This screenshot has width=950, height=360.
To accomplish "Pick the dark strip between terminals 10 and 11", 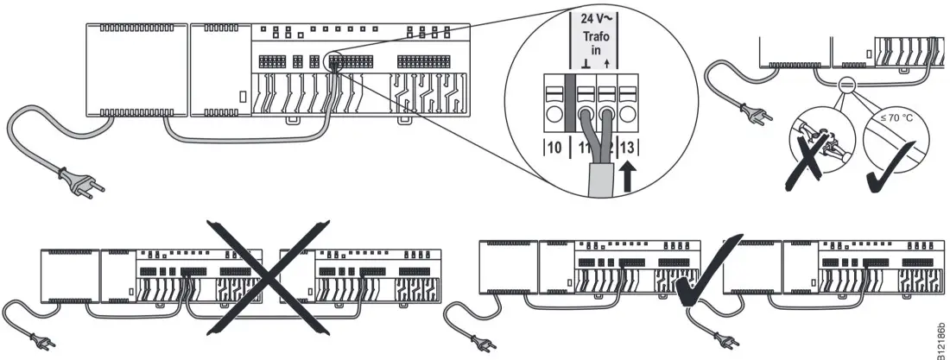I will (569, 108).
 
